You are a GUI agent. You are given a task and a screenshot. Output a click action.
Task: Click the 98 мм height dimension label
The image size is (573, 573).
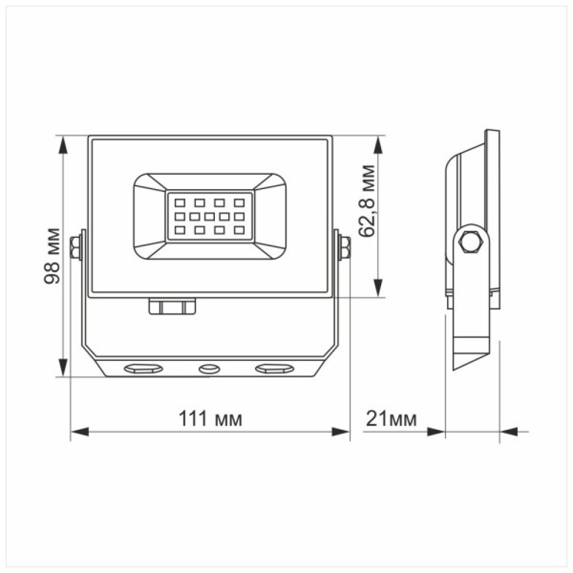(52, 256)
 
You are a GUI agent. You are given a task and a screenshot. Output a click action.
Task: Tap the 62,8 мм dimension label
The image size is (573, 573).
(368, 200)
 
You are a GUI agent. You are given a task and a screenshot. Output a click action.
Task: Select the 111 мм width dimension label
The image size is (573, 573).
(210, 419)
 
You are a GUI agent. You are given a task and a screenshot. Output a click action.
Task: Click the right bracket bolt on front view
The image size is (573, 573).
(346, 248)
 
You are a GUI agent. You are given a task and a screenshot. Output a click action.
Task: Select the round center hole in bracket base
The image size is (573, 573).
(209, 368)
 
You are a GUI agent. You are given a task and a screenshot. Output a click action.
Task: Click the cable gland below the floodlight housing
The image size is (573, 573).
(172, 307)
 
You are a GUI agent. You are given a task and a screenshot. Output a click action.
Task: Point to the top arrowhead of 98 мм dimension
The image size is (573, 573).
(63, 144)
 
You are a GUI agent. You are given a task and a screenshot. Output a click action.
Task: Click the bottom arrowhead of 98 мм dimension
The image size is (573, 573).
(63, 368)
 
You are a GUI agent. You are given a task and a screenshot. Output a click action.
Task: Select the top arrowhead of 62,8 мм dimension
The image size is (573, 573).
(378, 144)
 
